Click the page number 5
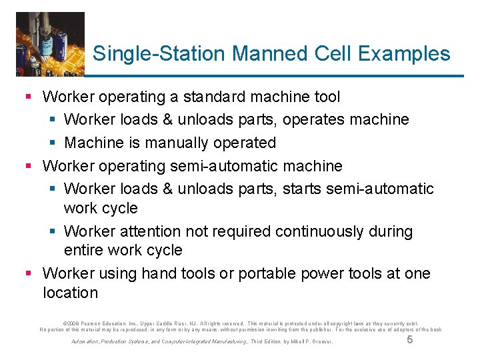click(409, 340)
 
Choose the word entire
click(85, 250)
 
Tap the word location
click(70, 292)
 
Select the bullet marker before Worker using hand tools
click(29, 273)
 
